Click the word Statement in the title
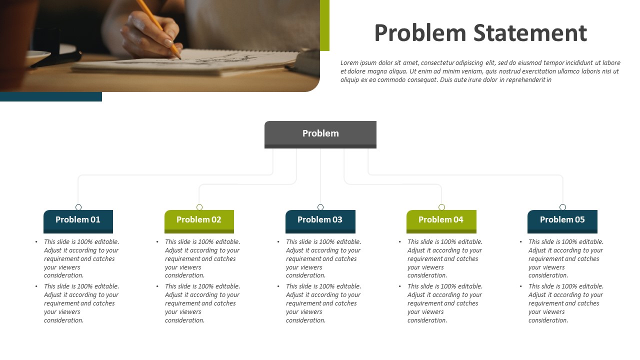click(x=530, y=33)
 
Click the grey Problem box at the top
click(x=320, y=134)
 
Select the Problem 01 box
click(x=78, y=221)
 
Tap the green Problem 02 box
click(x=199, y=221)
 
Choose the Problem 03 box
click(x=320, y=221)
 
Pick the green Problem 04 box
click(x=441, y=221)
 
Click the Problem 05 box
click(x=562, y=221)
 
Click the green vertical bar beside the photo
click(x=324, y=25)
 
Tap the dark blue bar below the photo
click(x=51, y=96)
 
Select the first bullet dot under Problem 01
click(x=36, y=242)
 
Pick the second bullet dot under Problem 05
click(x=521, y=286)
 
